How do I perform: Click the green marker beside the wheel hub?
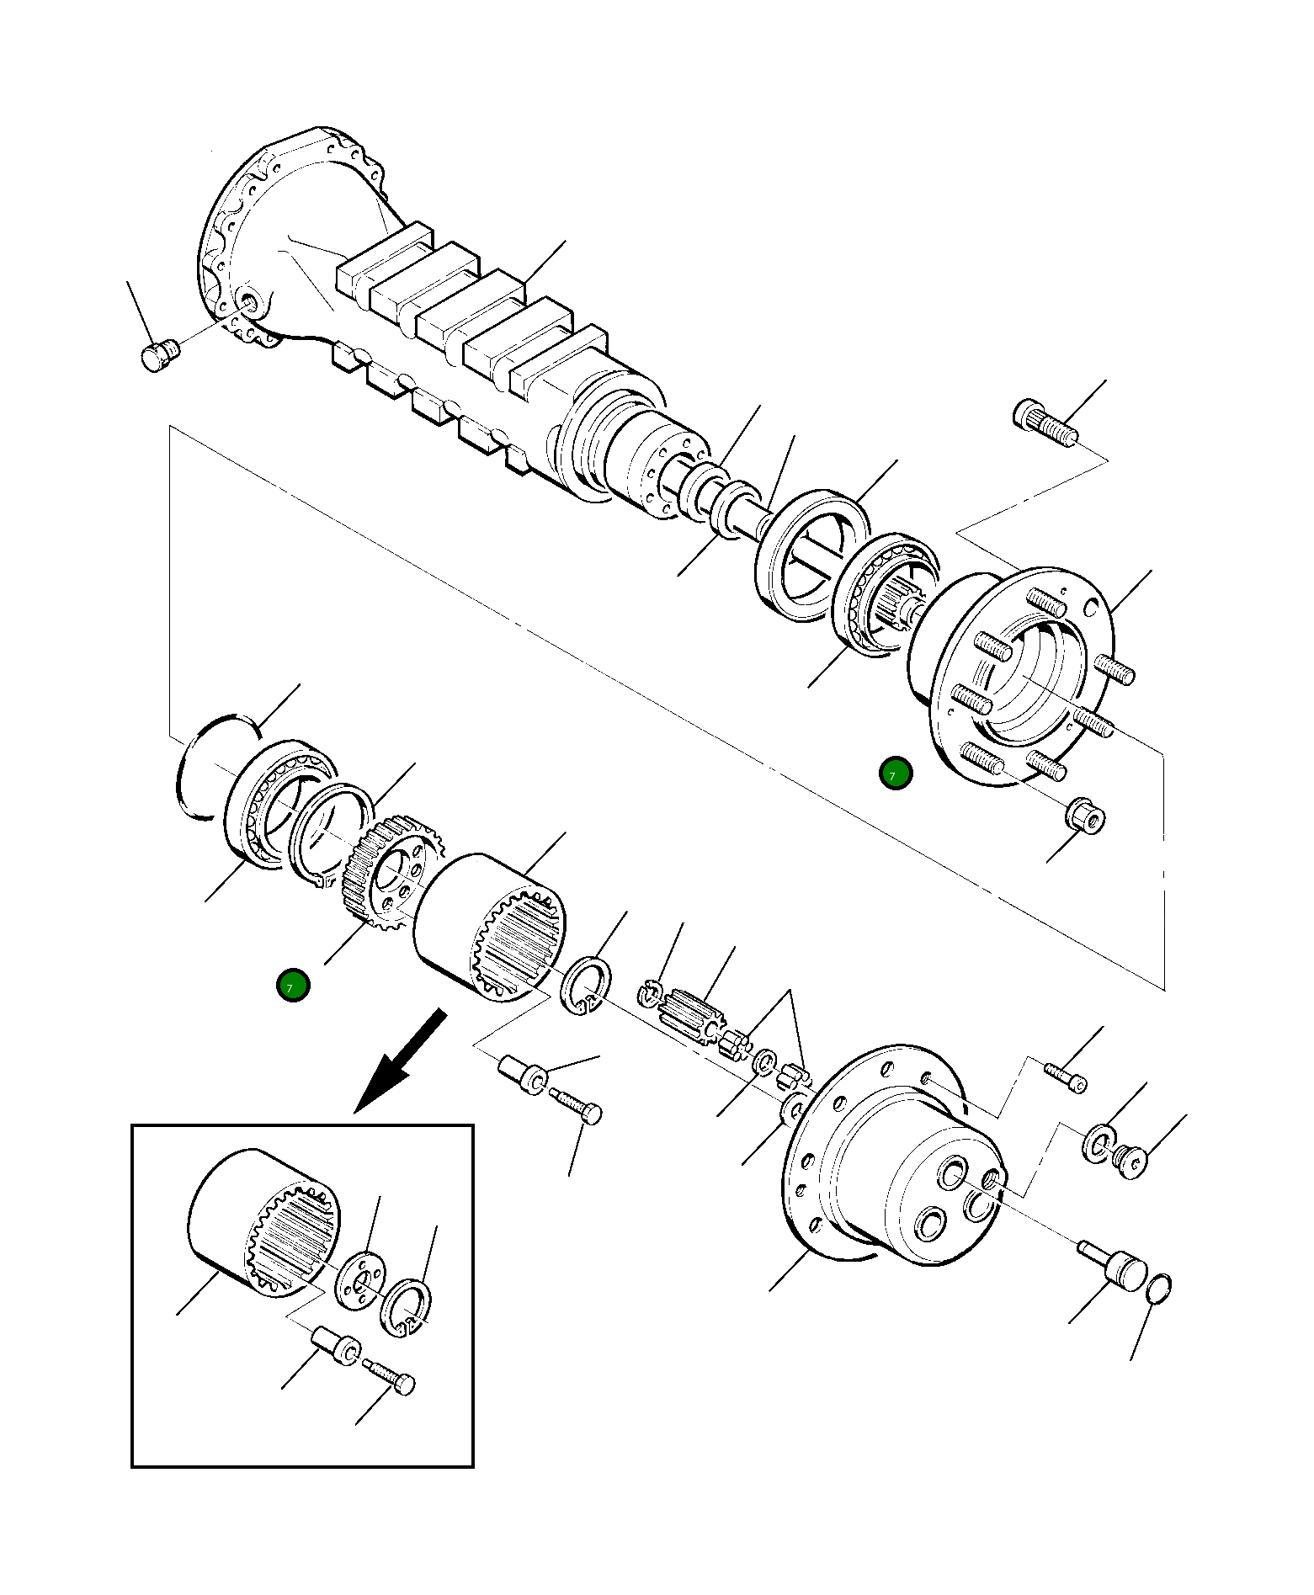point(895,774)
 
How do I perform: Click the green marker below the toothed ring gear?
point(293,985)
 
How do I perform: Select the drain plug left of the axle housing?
point(159,355)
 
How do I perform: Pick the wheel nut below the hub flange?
point(1086,816)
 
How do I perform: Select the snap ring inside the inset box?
point(407,1306)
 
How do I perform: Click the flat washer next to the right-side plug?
point(1098,1144)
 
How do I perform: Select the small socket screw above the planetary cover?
point(1066,1077)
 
